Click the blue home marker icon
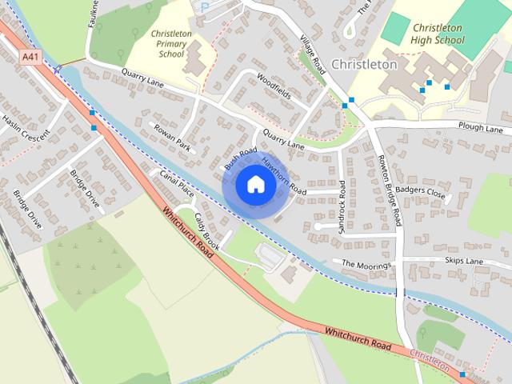(255, 184)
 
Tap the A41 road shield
(30, 56)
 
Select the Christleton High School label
(438, 33)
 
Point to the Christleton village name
(363, 64)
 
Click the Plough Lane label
(481, 127)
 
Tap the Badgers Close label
(425, 193)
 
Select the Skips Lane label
(464, 261)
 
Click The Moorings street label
(367, 263)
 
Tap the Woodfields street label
(274, 86)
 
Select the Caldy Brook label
(205, 228)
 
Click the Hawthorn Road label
(284, 175)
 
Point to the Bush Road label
(240, 158)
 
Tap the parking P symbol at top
(205, 6)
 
